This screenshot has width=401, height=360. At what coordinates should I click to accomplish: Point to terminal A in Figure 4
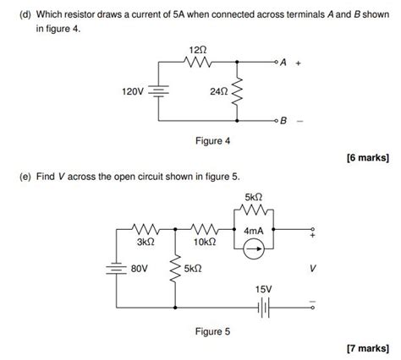283,63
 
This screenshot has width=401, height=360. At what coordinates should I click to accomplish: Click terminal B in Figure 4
283,122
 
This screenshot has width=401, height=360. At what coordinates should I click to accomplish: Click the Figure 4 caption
211,141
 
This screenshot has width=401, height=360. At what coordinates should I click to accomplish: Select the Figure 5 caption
211,332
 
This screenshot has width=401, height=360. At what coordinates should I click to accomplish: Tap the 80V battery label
139,269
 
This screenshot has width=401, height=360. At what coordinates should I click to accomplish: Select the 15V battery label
264,289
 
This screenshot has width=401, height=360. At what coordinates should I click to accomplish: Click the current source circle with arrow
255,248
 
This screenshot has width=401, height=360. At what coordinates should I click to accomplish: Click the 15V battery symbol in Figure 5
263,308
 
